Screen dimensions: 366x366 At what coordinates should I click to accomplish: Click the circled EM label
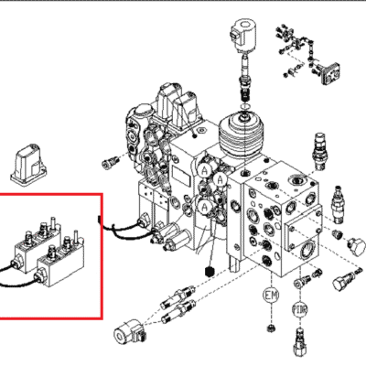coord(271,295)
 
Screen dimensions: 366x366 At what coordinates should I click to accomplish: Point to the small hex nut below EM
coord(270,326)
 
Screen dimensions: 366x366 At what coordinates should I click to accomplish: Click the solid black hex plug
coord(211,274)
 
